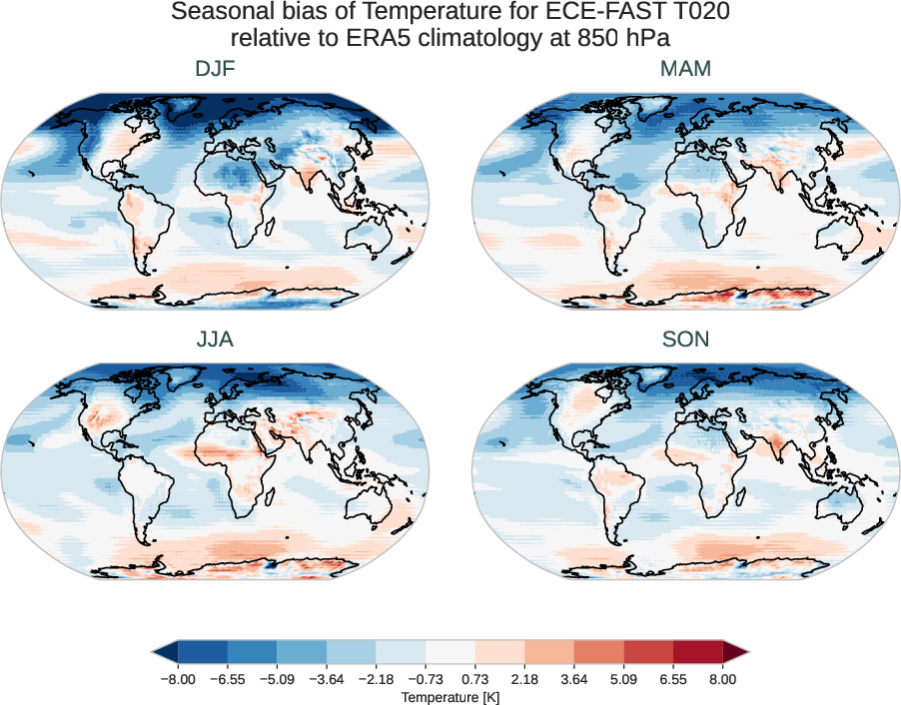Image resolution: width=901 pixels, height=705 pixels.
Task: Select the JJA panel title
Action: point(215,340)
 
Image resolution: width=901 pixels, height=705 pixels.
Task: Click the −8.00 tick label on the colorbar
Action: point(178,679)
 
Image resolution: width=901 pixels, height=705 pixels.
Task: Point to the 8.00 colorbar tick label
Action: point(723,679)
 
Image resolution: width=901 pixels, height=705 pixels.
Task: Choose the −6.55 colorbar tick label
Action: point(228,679)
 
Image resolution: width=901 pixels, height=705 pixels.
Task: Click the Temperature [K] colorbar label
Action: point(450,696)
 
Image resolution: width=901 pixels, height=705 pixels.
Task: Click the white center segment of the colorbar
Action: point(450,653)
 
